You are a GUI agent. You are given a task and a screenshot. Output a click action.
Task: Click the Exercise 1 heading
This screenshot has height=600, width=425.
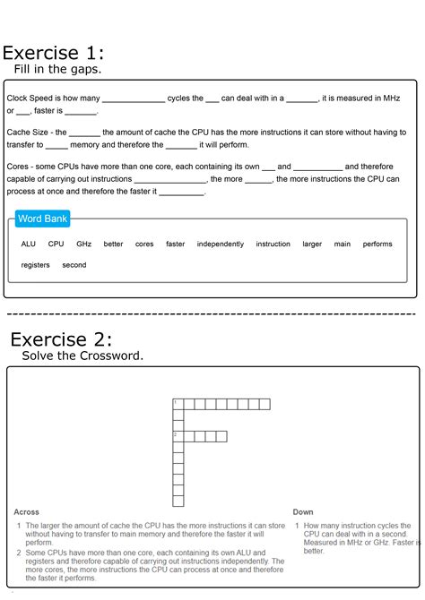tap(53, 50)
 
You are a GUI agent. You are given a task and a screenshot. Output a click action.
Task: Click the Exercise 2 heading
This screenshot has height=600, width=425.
tap(61, 339)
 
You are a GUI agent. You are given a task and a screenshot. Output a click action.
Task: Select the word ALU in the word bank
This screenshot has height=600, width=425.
tap(29, 244)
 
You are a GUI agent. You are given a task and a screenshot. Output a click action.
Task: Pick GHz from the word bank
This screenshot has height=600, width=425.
tap(83, 244)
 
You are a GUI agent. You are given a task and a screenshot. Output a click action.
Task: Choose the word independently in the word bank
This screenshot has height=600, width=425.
tap(220, 244)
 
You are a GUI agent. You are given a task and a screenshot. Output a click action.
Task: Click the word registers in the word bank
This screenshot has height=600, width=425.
tap(36, 265)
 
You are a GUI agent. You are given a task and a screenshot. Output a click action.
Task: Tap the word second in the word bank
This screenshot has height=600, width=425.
tap(74, 265)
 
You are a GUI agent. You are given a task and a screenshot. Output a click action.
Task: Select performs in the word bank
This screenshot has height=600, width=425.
tap(377, 244)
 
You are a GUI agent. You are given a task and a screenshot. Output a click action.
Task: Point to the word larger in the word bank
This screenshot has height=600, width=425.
tap(312, 244)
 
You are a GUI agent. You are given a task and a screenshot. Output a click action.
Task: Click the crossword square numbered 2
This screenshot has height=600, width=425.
tap(178, 436)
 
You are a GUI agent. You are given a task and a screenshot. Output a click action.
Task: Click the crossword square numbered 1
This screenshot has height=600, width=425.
tap(178, 404)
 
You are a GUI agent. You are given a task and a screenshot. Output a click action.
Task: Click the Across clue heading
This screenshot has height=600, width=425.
tap(27, 512)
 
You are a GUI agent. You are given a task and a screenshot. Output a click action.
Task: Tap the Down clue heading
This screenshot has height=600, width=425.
tap(303, 512)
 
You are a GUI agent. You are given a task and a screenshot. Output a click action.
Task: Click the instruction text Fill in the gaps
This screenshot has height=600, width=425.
tap(57, 69)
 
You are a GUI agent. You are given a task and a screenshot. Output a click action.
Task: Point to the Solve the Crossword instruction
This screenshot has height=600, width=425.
tap(82, 356)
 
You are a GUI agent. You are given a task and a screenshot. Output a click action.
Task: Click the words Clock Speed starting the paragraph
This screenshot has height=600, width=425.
tap(30, 99)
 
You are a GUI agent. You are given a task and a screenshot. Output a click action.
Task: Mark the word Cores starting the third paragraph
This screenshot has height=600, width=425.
tap(18, 167)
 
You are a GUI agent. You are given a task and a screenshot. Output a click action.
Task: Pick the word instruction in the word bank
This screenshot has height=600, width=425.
tap(273, 244)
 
